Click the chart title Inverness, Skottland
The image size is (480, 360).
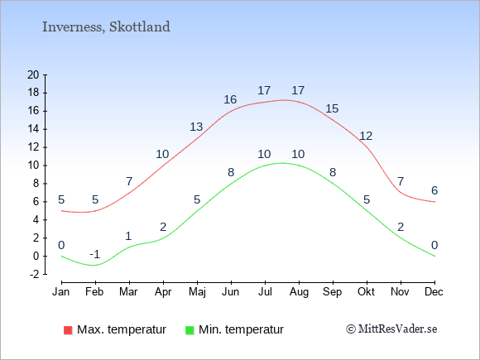point(106,27)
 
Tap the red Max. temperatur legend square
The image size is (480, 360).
point(68,330)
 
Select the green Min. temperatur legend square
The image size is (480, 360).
point(190,330)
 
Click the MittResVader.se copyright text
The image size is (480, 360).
point(391,329)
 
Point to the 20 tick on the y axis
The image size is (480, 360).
point(33,74)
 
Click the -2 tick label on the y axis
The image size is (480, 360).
point(35,274)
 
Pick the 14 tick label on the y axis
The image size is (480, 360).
point(33,129)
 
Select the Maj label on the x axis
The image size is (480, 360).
point(197,292)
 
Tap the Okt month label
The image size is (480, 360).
point(366,291)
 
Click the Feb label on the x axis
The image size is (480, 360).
point(94,291)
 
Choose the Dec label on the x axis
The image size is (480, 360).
point(434,291)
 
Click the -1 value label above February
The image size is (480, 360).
point(95,254)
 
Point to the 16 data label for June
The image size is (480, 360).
point(230,99)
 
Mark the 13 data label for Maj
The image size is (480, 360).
point(196,127)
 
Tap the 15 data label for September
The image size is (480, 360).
point(332,108)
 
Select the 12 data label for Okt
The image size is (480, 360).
point(366,136)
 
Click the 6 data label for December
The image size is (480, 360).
point(434,190)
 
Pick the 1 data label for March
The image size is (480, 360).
point(128,237)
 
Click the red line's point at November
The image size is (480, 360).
point(401,193)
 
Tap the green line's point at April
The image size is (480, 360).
point(164,238)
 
